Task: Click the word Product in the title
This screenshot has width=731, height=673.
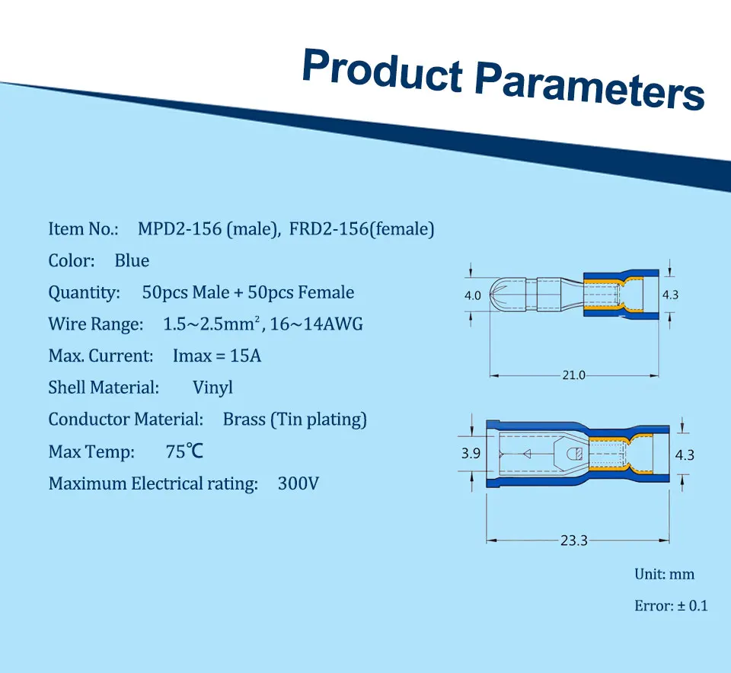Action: click(382, 71)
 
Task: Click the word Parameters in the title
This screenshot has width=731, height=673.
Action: click(589, 87)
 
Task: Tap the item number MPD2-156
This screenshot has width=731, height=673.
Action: click(180, 229)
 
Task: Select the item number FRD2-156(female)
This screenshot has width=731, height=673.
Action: click(362, 229)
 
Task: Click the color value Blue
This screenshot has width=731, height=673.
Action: click(132, 260)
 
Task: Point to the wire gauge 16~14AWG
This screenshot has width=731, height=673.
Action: click(317, 324)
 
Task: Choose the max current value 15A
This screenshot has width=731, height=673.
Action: click(245, 356)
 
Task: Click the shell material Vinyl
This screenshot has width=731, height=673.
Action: click(212, 388)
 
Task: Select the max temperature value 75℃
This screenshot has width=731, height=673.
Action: click(184, 451)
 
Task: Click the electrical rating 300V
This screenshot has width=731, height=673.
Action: click(298, 483)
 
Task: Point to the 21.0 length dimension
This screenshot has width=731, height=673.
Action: click(573, 375)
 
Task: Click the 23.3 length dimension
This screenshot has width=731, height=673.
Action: click(574, 541)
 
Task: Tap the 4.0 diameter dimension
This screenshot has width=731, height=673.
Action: click(473, 295)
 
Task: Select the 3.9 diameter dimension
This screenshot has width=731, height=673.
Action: click(471, 453)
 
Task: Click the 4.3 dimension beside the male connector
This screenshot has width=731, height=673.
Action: click(670, 295)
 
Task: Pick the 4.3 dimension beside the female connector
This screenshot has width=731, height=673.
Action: click(685, 455)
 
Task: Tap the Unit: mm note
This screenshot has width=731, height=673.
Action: click(664, 574)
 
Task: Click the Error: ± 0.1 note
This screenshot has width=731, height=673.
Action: click(671, 605)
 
